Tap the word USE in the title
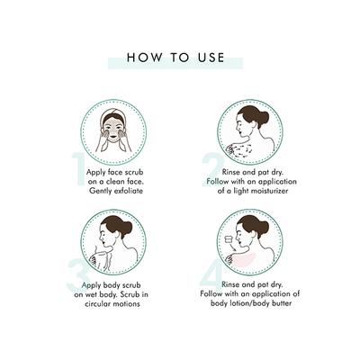click(211, 58)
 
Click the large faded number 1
click(79, 169)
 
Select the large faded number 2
click(212, 169)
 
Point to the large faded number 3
click(78, 275)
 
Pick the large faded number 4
click(211, 275)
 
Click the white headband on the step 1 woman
click(112, 115)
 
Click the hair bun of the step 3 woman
click(126, 225)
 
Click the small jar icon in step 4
click(229, 239)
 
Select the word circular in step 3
click(97, 303)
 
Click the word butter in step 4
click(282, 303)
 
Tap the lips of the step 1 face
click(112, 139)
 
